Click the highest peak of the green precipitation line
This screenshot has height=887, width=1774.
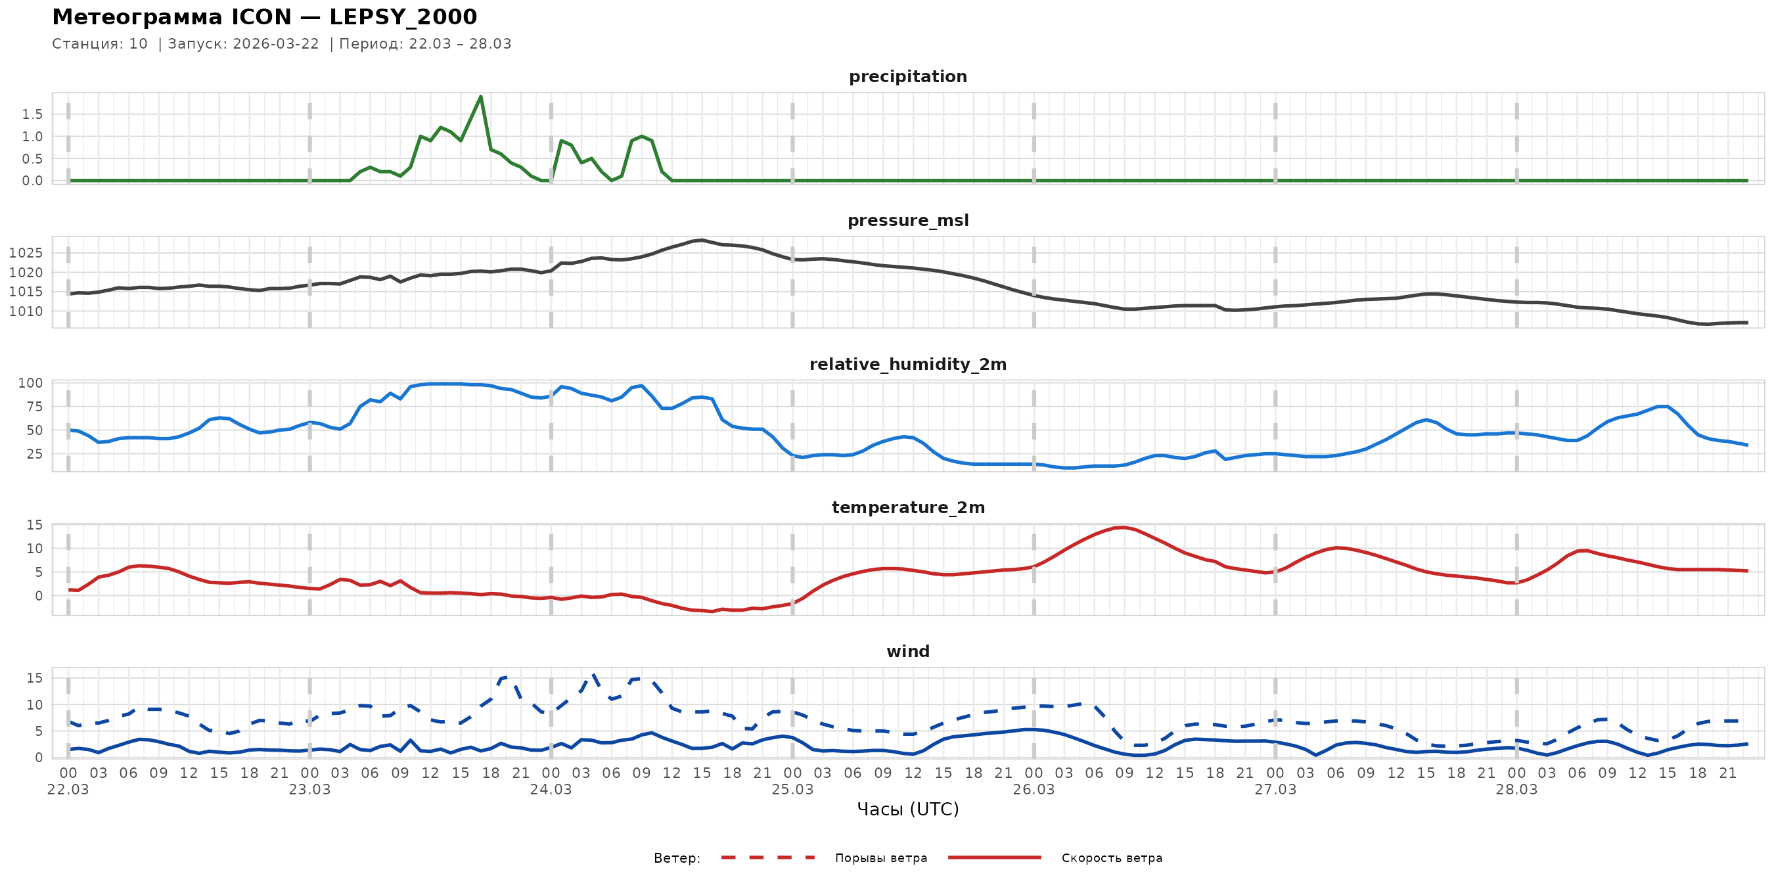(481, 97)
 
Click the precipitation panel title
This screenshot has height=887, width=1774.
(907, 76)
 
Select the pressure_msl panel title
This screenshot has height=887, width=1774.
(907, 220)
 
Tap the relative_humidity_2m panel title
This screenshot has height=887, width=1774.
(907, 364)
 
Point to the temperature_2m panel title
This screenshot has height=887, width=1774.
(907, 507)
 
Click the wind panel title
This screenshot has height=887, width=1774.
(907, 652)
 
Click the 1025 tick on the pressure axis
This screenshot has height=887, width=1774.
(26, 253)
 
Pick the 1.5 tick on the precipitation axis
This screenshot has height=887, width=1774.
(32, 114)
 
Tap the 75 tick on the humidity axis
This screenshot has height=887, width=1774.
(34, 407)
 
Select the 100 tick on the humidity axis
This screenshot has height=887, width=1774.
(30, 383)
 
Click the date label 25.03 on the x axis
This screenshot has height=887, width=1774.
(792, 790)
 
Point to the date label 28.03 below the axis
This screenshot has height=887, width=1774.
(1516, 790)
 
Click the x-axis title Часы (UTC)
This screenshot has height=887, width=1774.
(907, 809)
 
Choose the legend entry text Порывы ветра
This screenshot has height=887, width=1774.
(881, 858)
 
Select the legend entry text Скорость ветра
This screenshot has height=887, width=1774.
(1112, 858)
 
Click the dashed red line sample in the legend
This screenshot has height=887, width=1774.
(768, 858)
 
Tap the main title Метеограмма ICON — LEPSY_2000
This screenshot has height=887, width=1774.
(264, 17)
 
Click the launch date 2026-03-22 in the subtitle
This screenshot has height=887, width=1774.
(275, 44)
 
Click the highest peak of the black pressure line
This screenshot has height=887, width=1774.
(701, 240)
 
